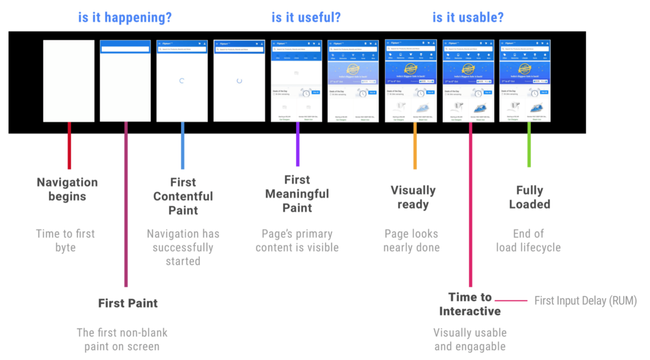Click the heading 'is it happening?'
125,18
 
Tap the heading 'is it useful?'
306,18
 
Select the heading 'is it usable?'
468,18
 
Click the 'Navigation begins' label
67,189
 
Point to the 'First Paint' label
128,303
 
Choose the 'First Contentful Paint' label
183,196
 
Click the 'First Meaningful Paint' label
297,194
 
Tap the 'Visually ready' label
413,197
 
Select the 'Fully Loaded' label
529,197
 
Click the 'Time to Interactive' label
470,304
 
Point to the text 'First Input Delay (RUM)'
585,301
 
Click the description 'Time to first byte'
65,240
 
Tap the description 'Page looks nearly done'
412,240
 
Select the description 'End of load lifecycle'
528,240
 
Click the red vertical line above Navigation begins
69,146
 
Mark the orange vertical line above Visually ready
415,146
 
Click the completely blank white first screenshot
69,81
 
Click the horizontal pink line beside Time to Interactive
511,300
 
